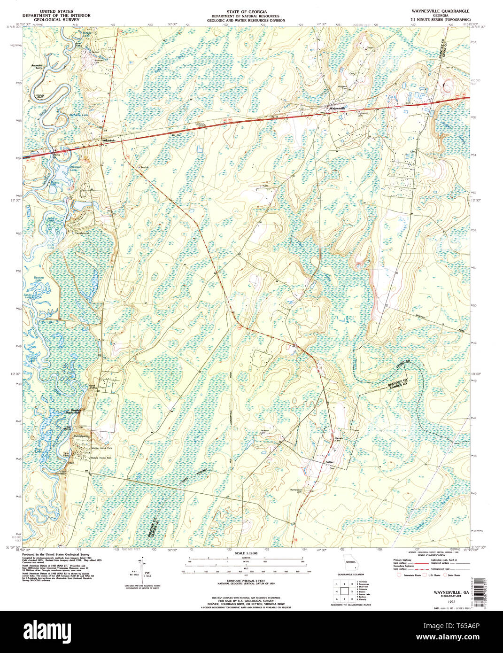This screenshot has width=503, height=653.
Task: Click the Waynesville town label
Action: [338, 108]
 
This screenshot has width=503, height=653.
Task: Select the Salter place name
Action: [329, 462]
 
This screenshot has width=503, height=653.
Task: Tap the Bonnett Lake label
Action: [39, 279]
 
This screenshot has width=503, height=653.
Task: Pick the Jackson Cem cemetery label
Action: [265, 432]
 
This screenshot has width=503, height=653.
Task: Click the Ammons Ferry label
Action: [37, 67]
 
